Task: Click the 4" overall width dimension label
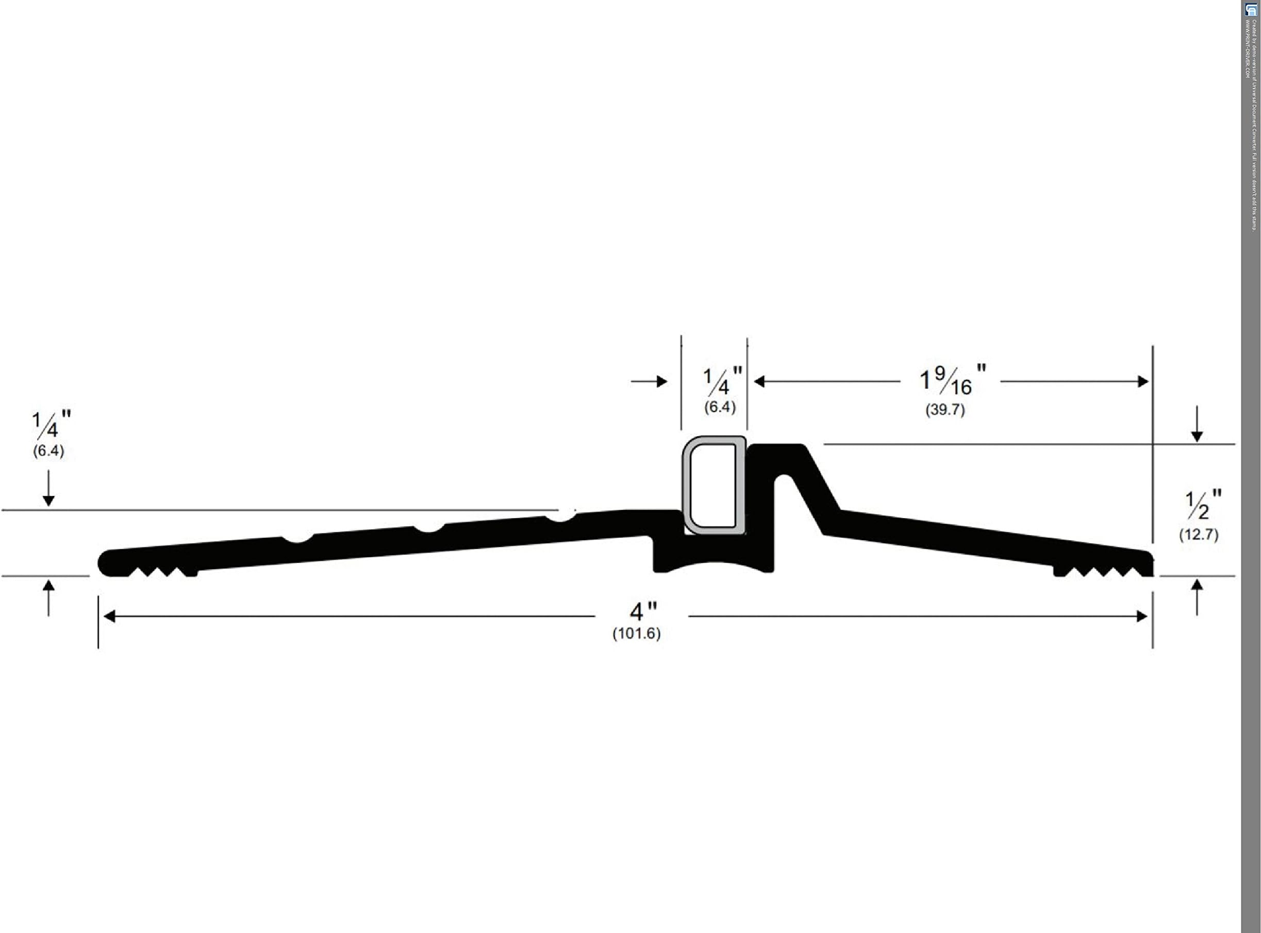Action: tap(643, 611)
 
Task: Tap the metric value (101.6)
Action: tap(637, 634)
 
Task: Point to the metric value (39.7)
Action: tap(945, 409)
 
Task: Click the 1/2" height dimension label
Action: tap(1203, 504)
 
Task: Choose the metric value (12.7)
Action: tap(1198, 534)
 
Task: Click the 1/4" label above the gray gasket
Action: tap(722, 381)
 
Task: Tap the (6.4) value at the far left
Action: tap(48, 451)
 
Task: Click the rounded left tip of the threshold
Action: tap(105, 563)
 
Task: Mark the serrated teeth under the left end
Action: tap(161, 572)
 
